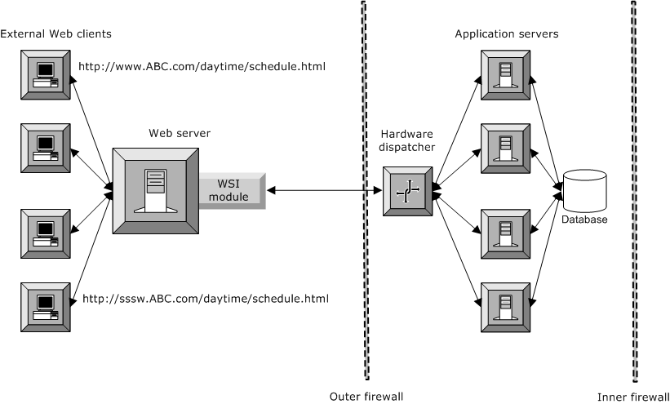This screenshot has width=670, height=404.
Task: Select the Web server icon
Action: click(154, 189)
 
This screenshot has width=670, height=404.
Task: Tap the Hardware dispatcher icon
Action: click(408, 190)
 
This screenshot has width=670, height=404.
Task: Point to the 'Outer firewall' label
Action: click(366, 396)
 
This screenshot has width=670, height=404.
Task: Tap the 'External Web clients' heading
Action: click(56, 33)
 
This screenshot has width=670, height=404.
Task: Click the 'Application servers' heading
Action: click(506, 33)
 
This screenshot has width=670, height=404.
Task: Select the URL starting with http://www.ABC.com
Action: click(202, 66)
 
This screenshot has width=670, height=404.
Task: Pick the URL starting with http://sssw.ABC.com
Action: click(206, 299)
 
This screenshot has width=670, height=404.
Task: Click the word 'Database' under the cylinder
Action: click(584, 219)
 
